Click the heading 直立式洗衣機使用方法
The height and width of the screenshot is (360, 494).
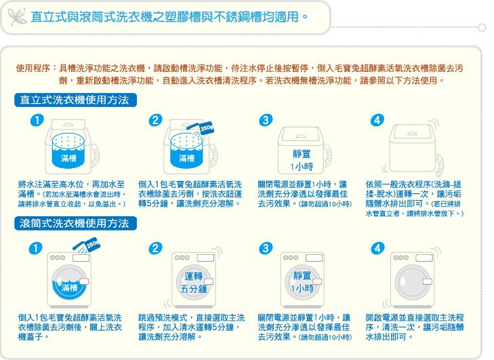75,100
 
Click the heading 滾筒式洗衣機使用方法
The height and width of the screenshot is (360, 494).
75,223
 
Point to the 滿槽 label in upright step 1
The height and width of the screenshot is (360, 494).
68,158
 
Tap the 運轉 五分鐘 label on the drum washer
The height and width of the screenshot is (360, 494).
193,282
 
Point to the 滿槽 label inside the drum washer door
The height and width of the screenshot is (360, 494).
68,288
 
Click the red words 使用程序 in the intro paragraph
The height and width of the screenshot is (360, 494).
32,68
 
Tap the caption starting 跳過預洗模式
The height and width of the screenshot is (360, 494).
190,327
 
